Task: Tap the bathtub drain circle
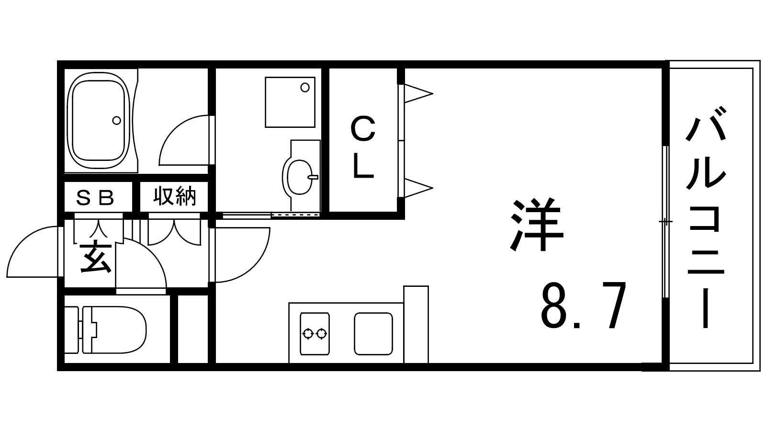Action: (117, 120)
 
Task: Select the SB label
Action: (95, 198)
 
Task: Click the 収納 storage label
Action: (174, 196)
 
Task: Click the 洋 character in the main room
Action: (536, 224)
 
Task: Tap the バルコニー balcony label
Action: (706, 217)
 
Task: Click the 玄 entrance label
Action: (95, 258)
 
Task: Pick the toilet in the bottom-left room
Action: (105, 330)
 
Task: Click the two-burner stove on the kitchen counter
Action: (315, 333)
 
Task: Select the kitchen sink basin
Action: (373, 333)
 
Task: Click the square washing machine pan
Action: (290, 102)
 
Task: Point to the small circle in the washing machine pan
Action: (305, 88)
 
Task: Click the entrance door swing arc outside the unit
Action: (33, 252)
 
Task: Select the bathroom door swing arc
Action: (184, 141)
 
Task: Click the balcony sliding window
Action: (665, 222)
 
